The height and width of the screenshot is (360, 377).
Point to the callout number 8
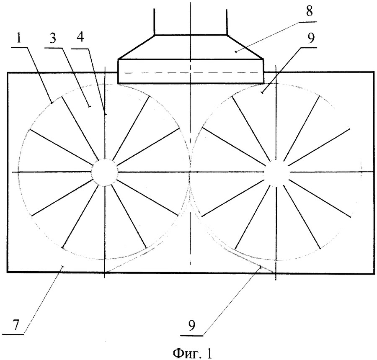click(x=309, y=11)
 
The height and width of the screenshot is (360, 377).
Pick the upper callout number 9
click(x=311, y=38)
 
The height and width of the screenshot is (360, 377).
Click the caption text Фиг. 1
click(x=193, y=353)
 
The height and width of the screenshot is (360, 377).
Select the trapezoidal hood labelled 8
click(x=191, y=47)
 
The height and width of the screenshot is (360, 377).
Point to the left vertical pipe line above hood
click(x=154, y=22)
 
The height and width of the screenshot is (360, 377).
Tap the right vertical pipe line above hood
click(x=227, y=22)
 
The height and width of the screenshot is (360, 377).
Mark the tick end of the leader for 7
click(x=62, y=267)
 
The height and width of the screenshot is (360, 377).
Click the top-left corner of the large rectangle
click(x=8, y=72)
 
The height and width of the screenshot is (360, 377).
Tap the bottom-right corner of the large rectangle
click(x=374, y=273)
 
